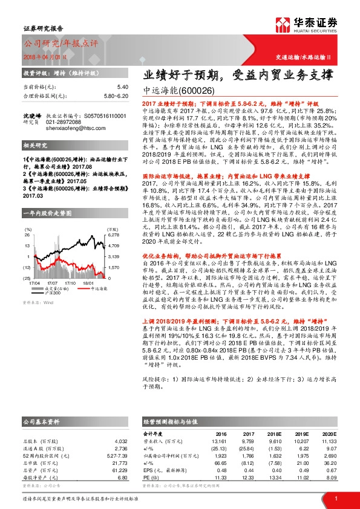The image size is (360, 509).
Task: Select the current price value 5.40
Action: point(123,87)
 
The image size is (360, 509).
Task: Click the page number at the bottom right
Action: point(335,498)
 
